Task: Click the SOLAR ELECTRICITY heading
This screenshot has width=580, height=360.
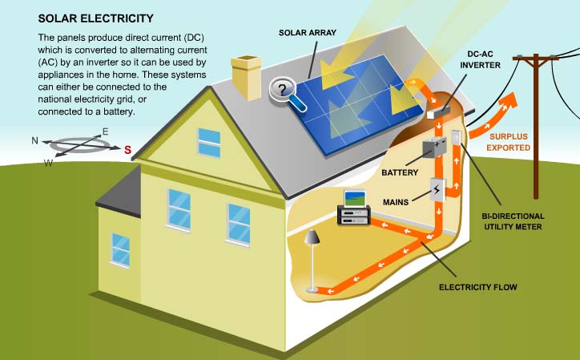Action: point(85,18)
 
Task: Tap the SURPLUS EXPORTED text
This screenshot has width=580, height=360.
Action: point(512,142)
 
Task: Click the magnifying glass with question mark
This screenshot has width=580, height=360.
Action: point(284,89)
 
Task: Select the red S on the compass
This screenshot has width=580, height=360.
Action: point(127,149)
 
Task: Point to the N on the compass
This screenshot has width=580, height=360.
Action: point(34,140)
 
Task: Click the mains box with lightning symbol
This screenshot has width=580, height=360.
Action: point(437,190)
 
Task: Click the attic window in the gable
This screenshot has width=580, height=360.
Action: point(209,143)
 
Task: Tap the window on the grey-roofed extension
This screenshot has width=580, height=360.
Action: point(120,249)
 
